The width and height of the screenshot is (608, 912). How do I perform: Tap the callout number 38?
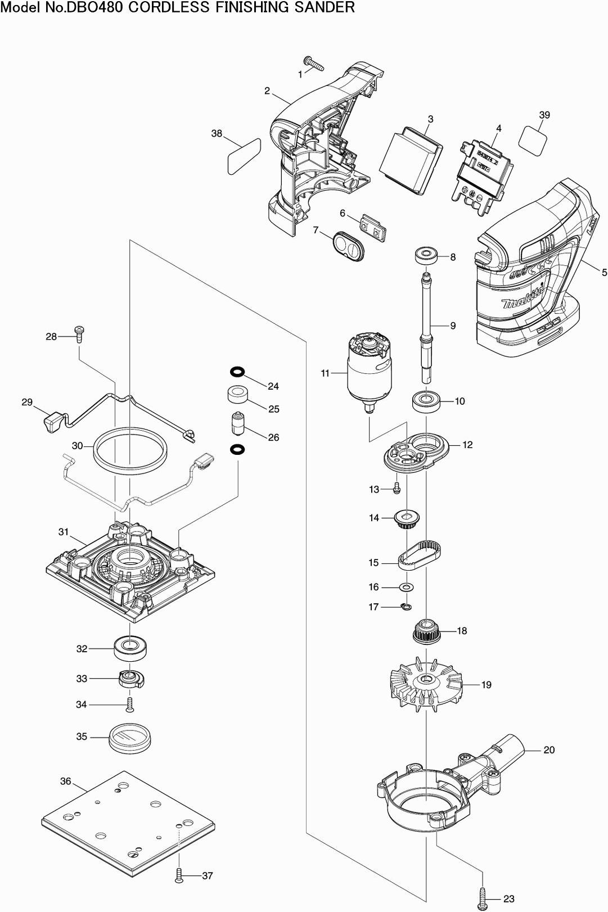[217, 134]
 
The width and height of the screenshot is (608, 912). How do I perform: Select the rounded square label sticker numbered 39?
[532, 141]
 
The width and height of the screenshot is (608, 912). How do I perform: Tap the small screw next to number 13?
[397, 488]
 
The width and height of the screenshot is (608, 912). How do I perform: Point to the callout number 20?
[549, 750]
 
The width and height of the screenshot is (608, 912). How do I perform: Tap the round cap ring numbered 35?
[130, 737]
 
